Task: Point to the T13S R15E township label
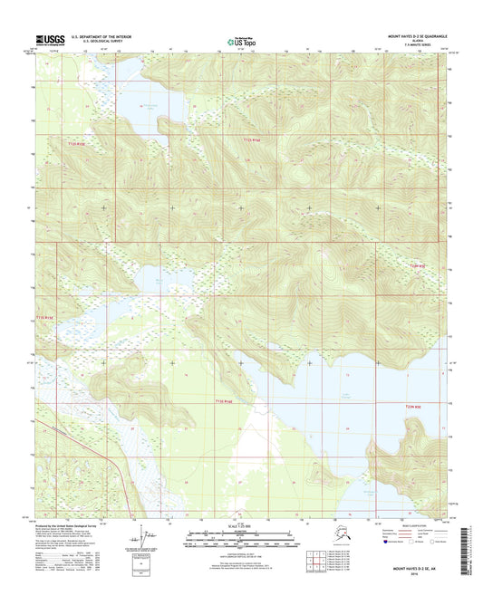(46, 317)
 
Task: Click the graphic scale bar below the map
(241, 539)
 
